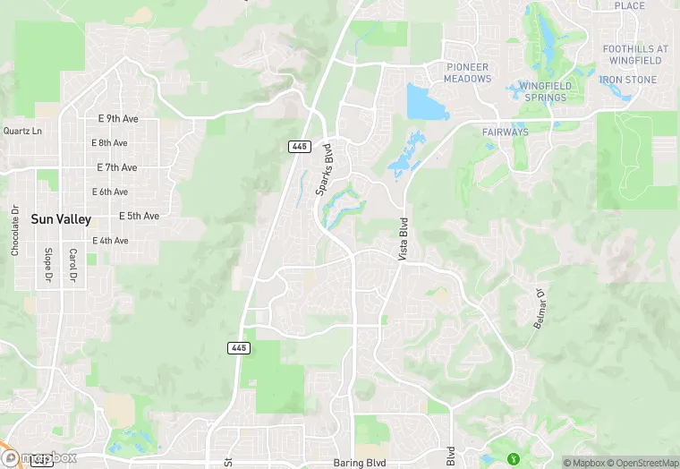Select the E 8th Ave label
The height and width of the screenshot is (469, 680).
(109, 143)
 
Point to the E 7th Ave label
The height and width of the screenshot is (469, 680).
(116, 167)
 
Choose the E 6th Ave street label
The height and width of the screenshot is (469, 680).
(109, 192)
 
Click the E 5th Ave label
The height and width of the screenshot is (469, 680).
(139, 216)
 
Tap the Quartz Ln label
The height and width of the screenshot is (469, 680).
(22, 131)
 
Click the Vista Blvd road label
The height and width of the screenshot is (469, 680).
(404, 239)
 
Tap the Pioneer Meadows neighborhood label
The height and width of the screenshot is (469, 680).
(468, 72)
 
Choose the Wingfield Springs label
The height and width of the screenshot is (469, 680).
(544, 91)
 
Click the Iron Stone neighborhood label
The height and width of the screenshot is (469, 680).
(628, 80)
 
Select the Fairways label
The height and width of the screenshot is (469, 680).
(506, 132)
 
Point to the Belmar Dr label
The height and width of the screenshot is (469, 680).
(539, 308)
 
